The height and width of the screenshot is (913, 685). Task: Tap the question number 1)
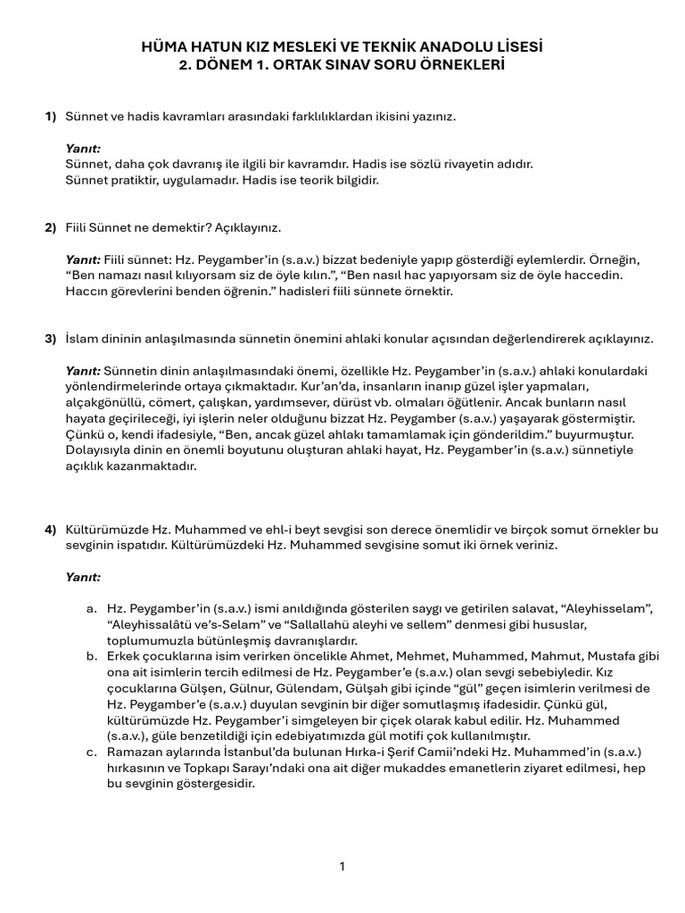pyautogui.click(x=51, y=117)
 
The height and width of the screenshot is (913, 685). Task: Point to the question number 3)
pyautogui.click(x=51, y=339)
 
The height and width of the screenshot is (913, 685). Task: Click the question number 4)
pyautogui.click(x=51, y=530)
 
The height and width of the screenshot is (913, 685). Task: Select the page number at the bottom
pyautogui.click(x=342, y=866)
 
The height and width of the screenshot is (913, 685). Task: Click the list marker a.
pyautogui.click(x=92, y=609)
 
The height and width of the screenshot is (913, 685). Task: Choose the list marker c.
pyautogui.click(x=92, y=753)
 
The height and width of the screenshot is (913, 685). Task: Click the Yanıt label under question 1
pyautogui.click(x=83, y=148)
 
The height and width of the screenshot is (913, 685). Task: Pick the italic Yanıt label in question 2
pyautogui.click(x=83, y=259)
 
